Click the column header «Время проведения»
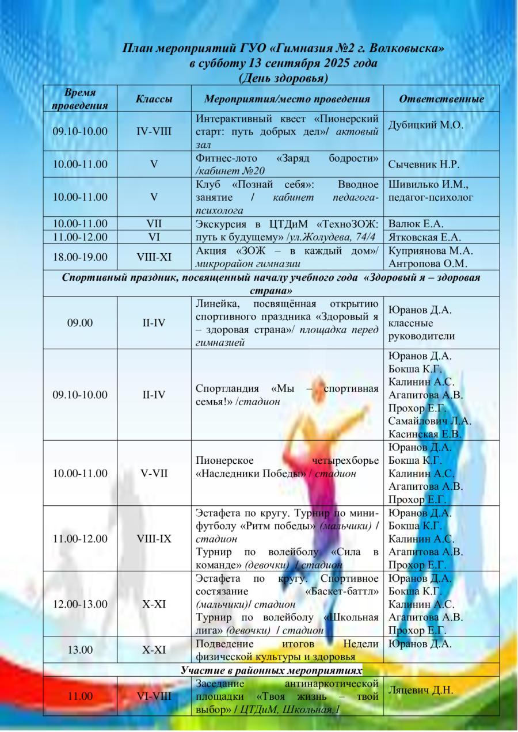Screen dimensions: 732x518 (79, 98)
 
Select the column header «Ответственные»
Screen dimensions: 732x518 (441, 99)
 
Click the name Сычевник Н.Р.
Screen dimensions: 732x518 (424, 164)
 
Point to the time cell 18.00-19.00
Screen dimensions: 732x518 (80, 256)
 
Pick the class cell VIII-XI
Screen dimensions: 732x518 (154, 256)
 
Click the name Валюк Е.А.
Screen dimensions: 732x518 (416, 224)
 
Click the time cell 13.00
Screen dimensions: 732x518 (80, 650)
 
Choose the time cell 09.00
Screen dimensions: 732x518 (80, 323)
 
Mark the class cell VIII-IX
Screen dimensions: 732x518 (154, 539)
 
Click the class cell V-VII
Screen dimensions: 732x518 (154, 473)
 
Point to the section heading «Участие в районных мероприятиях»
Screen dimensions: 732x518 (272, 670)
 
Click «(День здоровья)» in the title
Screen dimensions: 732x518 (283, 77)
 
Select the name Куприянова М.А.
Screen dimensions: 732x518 (429, 250)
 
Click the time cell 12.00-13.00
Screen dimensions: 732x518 (80, 604)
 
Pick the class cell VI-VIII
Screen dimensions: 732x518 (154, 696)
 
